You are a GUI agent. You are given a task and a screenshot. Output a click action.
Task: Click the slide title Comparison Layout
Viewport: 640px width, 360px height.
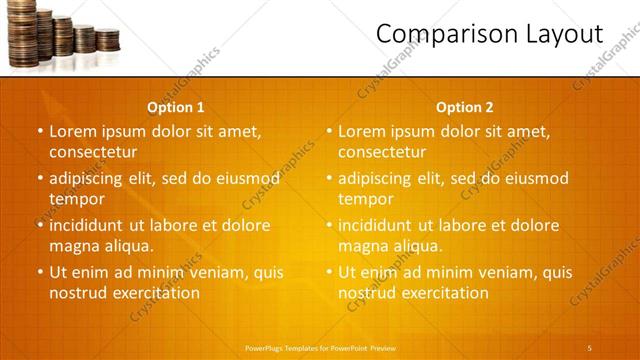click(x=489, y=34)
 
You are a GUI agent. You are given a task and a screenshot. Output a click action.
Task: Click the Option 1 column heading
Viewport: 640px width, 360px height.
click(x=176, y=107)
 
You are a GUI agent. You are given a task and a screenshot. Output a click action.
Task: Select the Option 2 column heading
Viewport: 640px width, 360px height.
click(x=465, y=107)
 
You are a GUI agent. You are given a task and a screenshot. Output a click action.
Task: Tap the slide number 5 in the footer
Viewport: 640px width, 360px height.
click(x=590, y=347)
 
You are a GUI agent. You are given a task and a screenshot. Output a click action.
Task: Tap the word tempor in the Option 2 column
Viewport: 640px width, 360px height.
click(x=365, y=199)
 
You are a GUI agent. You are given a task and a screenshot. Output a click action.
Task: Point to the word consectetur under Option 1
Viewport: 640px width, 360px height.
click(x=93, y=152)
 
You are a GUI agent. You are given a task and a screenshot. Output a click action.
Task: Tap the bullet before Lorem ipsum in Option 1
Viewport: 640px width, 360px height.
click(x=40, y=131)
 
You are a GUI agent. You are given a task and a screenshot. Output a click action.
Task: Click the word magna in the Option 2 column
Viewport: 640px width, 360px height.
click(x=363, y=246)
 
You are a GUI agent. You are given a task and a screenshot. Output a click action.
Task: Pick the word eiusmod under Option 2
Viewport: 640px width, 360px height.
click(x=535, y=178)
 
